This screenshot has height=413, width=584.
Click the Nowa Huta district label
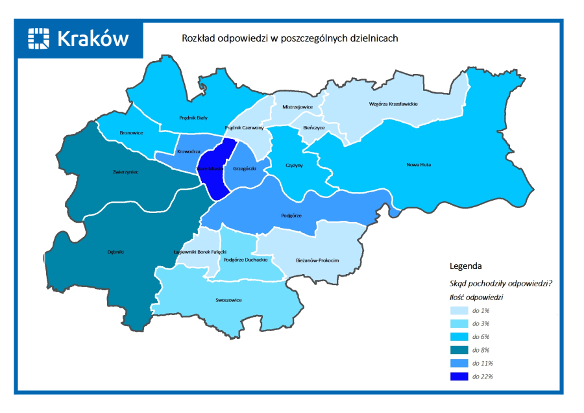[419, 165]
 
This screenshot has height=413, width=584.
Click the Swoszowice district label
[228, 301]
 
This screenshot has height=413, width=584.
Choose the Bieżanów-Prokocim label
[317, 260]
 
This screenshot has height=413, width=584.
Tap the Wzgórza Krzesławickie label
[393, 104]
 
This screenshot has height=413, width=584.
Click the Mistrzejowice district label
[297, 107]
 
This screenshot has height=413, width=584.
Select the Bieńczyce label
[313, 128]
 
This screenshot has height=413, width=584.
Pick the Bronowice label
[131, 132]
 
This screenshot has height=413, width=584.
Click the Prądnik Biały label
[193, 118]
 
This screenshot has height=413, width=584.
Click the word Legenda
[465, 266]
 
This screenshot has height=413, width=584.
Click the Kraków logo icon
[39, 38]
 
